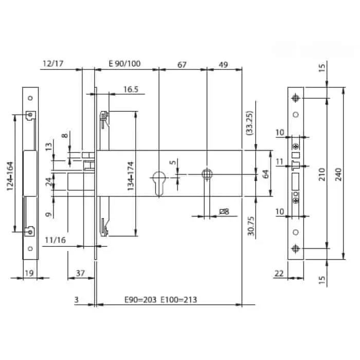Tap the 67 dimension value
coord(182,64)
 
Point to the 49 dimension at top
coord(223,64)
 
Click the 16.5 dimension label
coord(131,89)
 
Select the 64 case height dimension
coord(266,174)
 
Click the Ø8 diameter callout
coord(224,211)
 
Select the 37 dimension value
coord(80,273)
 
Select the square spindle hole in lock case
coord(207,174)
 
